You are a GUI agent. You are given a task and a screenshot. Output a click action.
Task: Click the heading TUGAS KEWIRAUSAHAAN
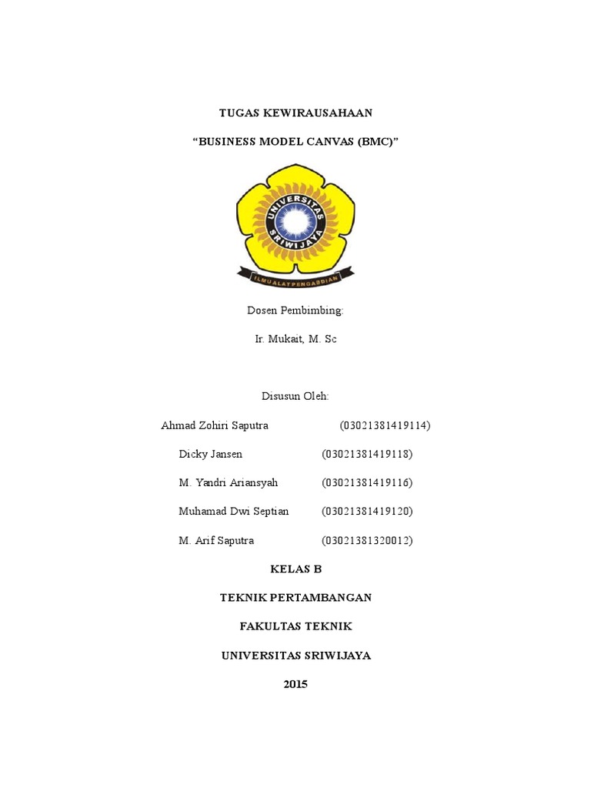click(295, 112)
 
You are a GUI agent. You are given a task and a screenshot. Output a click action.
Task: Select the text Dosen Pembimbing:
click(295, 311)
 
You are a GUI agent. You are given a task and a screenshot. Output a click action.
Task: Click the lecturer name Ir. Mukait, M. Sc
click(295, 339)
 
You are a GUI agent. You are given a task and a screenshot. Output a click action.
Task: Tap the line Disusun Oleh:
click(295, 396)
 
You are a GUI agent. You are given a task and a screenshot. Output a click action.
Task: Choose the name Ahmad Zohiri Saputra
click(215, 425)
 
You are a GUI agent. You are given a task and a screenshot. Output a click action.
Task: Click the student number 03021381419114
click(385, 425)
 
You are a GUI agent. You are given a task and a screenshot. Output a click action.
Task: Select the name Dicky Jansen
click(210, 454)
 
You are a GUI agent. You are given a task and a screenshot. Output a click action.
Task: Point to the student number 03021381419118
click(367, 454)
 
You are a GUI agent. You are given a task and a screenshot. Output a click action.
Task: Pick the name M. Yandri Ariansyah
click(228, 482)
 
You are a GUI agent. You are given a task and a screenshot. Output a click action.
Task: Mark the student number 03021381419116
click(367, 482)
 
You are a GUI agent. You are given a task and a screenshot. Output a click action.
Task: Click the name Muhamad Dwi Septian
click(233, 511)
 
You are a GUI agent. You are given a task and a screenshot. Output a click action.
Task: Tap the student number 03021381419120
click(367, 511)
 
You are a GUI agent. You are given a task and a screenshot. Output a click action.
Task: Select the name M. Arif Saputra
click(215, 540)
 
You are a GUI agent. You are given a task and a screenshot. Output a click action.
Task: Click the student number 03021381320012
click(367, 540)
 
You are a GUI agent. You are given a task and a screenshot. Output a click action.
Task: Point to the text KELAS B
click(295, 569)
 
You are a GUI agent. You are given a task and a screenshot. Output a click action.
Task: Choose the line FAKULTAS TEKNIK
click(295, 626)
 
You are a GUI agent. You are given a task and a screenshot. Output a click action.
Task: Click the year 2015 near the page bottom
click(295, 683)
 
